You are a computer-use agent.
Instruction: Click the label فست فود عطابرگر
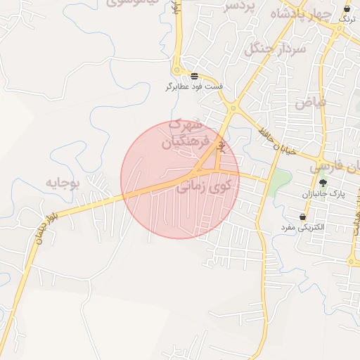pyautogui.click(x=194, y=86)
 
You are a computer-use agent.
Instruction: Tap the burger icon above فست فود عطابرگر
pyautogui.click(x=194, y=76)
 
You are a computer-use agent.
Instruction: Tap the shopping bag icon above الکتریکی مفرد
pyautogui.click(x=302, y=217)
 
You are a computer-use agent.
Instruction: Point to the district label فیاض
pyautogui.click(x=311, y=103)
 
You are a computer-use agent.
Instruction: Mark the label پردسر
pyautogui.click(x=237, y=6)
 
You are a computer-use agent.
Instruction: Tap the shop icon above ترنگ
pyautogui.click(x=347, y=8)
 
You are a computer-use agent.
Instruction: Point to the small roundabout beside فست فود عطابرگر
pyautogui.click(x=177, y=71)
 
